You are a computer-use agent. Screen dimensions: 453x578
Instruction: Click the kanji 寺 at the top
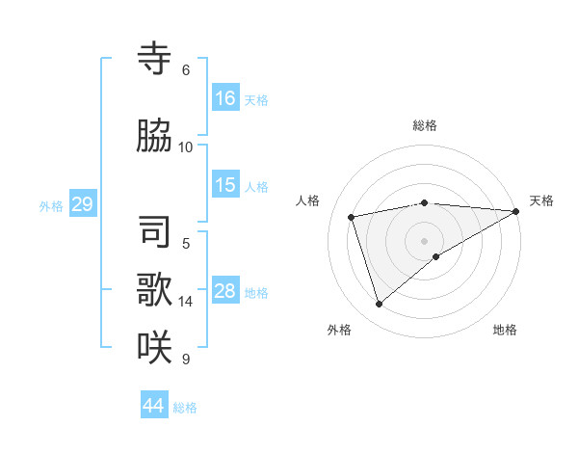154,60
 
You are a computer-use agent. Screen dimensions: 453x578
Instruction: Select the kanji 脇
154,136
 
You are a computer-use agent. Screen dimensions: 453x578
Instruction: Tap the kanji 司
154,232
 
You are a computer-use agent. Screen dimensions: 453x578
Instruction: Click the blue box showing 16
225,97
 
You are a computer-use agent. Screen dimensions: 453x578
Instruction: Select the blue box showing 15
225,185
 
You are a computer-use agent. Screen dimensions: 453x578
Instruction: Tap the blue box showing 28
225,291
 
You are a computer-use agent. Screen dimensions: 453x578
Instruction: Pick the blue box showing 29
82,203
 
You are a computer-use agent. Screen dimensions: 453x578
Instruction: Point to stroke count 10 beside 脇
186,147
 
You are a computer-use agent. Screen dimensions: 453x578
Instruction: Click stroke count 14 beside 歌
186,301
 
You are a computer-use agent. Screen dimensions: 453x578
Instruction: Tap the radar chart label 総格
425,125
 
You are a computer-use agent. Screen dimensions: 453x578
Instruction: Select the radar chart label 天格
542,200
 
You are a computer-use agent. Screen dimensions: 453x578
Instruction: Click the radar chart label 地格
505,330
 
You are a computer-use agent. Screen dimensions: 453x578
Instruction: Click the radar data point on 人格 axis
352,217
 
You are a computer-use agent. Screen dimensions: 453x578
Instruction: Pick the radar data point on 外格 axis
379,304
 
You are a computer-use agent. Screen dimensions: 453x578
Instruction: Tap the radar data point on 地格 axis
436,256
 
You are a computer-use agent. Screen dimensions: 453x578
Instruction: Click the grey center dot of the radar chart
425,240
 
